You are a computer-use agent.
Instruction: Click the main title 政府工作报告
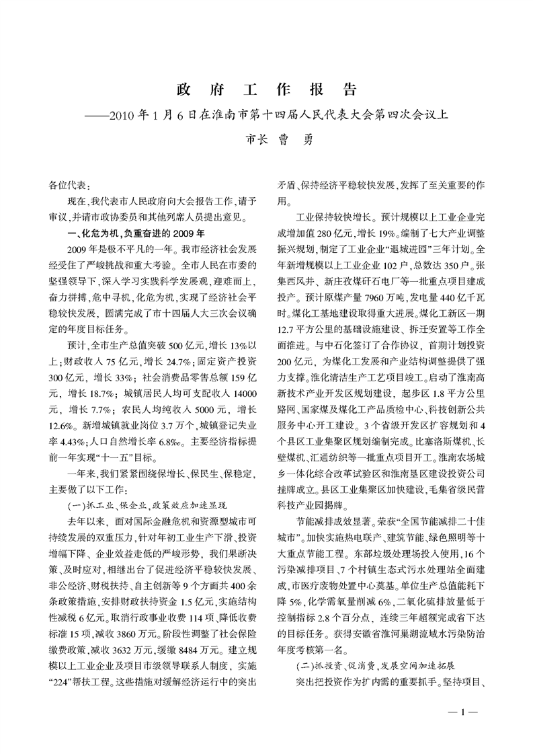coord(266,90)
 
